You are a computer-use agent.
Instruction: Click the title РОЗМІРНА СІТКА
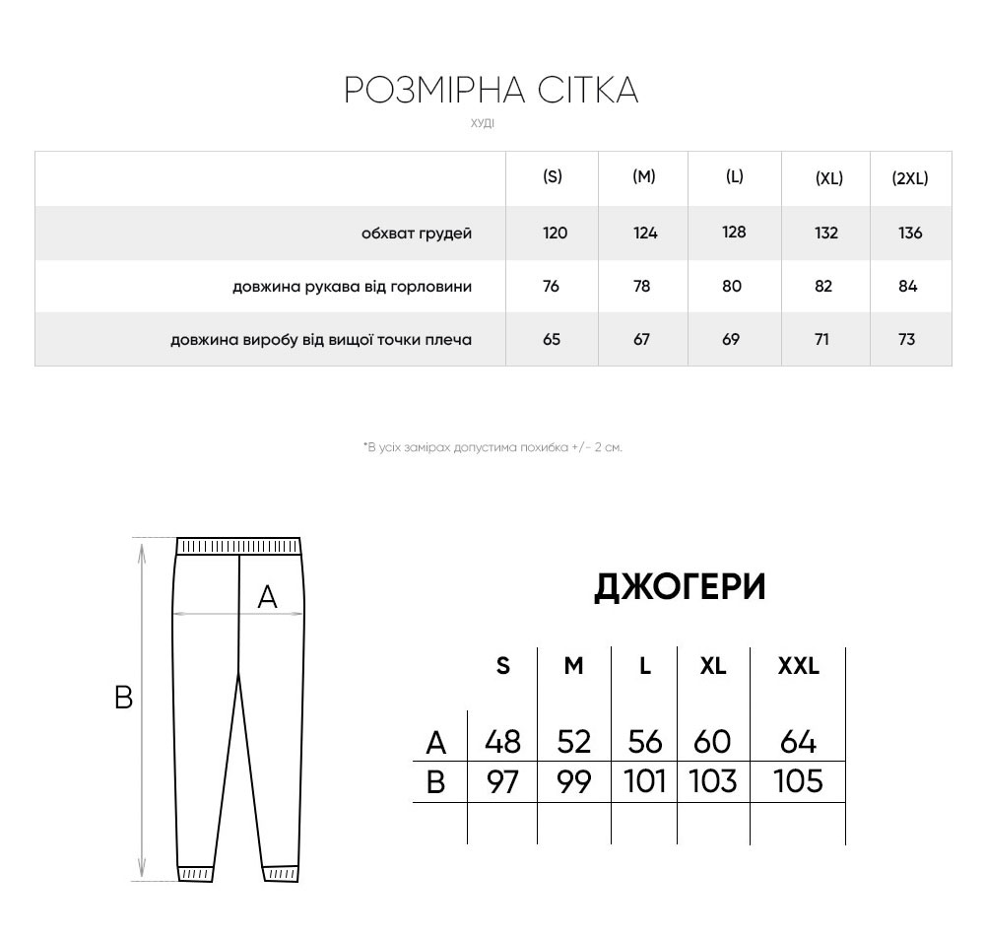point(492,90)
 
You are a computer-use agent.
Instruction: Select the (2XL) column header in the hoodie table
point(909,178)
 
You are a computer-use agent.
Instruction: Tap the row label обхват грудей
point(417,234)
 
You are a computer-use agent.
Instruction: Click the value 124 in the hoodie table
point(645,234)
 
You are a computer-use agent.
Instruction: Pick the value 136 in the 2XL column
point(910,234)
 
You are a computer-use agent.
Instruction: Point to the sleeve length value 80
point(731,287)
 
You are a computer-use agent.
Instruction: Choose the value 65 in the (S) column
point(552,340)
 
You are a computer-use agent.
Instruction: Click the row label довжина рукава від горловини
point(352,287)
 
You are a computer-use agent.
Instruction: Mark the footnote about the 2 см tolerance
point(492,447)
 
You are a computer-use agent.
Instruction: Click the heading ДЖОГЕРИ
point(680,587)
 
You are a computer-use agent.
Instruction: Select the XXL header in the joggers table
point(798,666)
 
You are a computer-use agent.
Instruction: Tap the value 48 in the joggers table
point(502,741)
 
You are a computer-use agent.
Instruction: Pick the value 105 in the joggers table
point(798,781)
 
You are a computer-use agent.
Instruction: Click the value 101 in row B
point(645,781)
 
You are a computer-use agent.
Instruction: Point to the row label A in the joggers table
point(435,741)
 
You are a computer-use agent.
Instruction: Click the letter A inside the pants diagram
point(267,596)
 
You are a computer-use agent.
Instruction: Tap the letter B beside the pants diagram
point(123,698)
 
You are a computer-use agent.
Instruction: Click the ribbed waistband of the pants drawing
point(237,547)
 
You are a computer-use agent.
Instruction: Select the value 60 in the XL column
point(713,741)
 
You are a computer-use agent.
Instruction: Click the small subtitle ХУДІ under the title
point(483,124)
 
